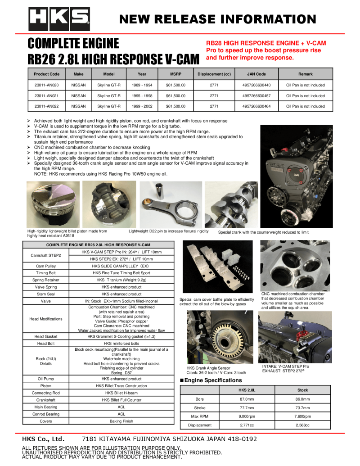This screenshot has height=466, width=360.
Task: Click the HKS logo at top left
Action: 59,19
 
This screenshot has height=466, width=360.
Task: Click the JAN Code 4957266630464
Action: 256,107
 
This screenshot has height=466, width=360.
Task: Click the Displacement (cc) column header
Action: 214,74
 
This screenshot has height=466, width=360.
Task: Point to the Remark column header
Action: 305,74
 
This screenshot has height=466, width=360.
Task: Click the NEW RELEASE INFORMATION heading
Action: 218,19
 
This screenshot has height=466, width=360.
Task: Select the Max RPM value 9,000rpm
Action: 247,416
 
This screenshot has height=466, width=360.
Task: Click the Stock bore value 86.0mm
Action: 302,399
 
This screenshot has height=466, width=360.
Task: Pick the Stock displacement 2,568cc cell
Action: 302,425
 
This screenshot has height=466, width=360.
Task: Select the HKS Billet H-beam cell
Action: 121,393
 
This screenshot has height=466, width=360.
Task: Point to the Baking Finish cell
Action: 121,421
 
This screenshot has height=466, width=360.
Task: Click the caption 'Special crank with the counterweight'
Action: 264,232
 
